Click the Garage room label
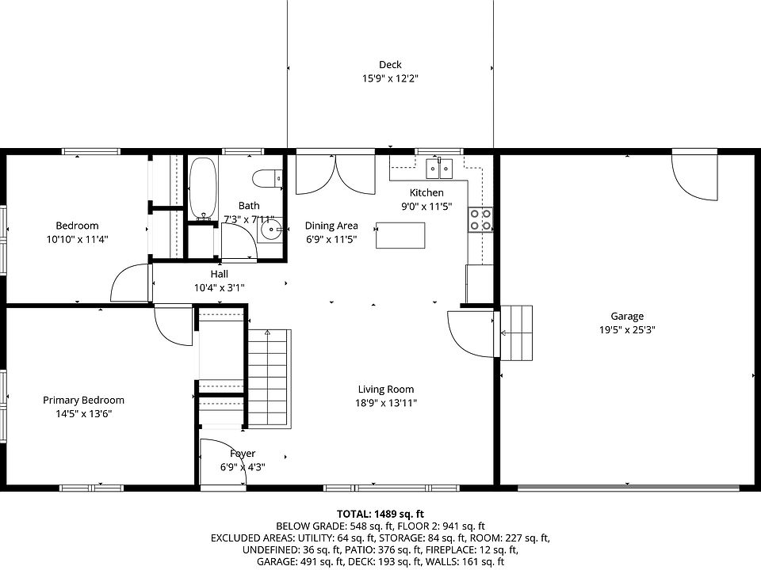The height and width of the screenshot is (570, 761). pos(627,317)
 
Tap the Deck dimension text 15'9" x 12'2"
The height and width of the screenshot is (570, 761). pos(390,78)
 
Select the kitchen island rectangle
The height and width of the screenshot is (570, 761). pos(400,235)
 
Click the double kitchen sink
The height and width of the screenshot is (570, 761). pos(439,168)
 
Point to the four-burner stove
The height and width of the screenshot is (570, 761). pos(480,219)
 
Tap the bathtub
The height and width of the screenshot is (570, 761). pos(203,188)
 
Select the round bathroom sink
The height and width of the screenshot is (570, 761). pos(270,230)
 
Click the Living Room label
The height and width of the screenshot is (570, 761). pos(386,389)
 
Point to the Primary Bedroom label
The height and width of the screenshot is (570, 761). pos(83,401)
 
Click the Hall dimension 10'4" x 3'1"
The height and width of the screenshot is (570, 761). pos(220,288)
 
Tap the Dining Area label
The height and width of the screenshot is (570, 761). pos(331,226)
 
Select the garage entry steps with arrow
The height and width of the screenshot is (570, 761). pos(516,333)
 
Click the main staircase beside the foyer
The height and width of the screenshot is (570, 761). pos(270,379)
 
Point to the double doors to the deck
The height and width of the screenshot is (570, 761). pos(335,174)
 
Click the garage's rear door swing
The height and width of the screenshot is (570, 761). pos(694,176)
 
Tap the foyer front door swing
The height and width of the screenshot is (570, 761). pos(224,462)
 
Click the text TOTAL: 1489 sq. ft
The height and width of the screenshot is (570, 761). pos(380,515)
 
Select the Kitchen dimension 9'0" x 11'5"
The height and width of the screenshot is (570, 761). pos(426,207)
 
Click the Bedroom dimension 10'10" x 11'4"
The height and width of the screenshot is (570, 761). pos(77,239)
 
